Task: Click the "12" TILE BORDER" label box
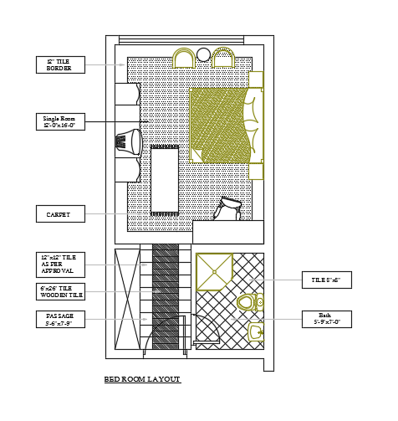click(x=60, y=64)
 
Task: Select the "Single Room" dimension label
click(x=60, y=122)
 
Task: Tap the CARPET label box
click(x=60, y=214)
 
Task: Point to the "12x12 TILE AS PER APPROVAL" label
click(x=60, y=264)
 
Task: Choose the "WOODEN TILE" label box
click(x=60, y=291)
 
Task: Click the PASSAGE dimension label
click(x=60, y=319)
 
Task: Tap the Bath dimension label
click(x=326, y=319)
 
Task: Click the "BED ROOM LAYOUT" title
click(x=142, y=380)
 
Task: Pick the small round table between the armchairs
click(x=203, y=55)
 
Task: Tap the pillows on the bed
click(x=252, y=126)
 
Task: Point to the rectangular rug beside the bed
click(x=165, y=179)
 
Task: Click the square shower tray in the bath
click(x=214, y=271)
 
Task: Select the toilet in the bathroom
click(x=247, y=302)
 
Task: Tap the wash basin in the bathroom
click(x=255, y=333)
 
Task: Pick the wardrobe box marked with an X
click(x=127, y=298)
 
